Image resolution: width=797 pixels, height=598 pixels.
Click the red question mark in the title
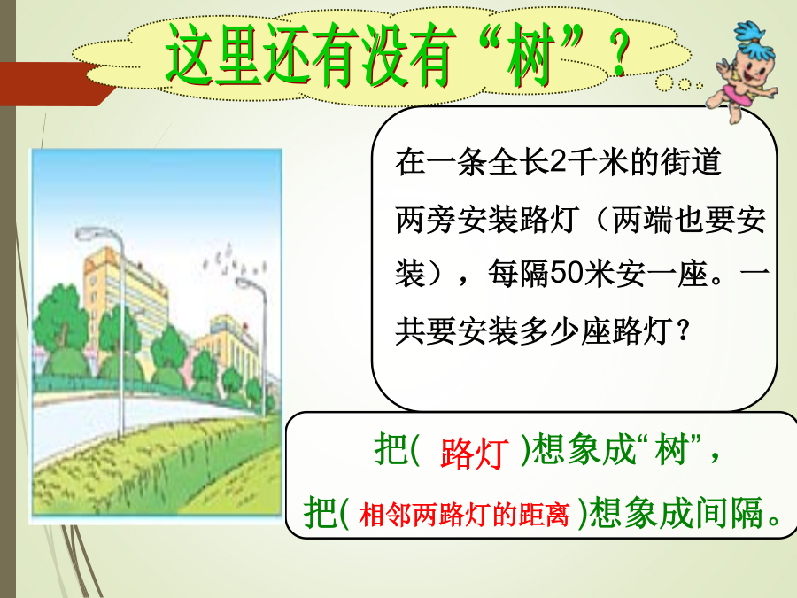(620, 53)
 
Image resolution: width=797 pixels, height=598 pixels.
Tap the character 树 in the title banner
(530, 56)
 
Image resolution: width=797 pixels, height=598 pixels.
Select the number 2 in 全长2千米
(558, 163)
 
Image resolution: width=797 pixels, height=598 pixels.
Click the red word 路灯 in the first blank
(474, 453)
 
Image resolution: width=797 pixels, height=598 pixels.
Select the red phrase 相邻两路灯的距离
(463, 515)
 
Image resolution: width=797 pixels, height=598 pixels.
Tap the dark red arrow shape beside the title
(56, 84)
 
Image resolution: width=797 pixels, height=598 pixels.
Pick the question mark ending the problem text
(683, 331)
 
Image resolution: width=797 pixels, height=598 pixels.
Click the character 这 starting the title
(190, 56)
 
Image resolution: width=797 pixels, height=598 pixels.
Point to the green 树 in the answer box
(671, 449)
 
